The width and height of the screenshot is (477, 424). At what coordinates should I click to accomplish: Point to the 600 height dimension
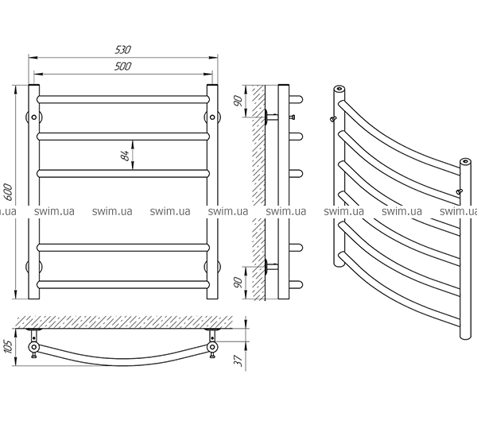pyautogui.click(x=10, y=193)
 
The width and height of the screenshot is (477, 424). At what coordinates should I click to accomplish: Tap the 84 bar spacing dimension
pyautogui.click(x=126, y=155)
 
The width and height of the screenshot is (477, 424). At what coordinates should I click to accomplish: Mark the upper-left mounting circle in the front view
pyautogui.click(x=33, y=118)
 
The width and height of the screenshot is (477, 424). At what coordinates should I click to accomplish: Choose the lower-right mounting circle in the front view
pyautogui.click(x=213, y=265)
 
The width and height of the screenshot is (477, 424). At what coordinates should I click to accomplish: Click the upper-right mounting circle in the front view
pyautogui.click(x=213, y=118)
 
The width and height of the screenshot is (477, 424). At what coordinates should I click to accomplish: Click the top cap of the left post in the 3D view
pyautogui.click(x=339, y=89)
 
